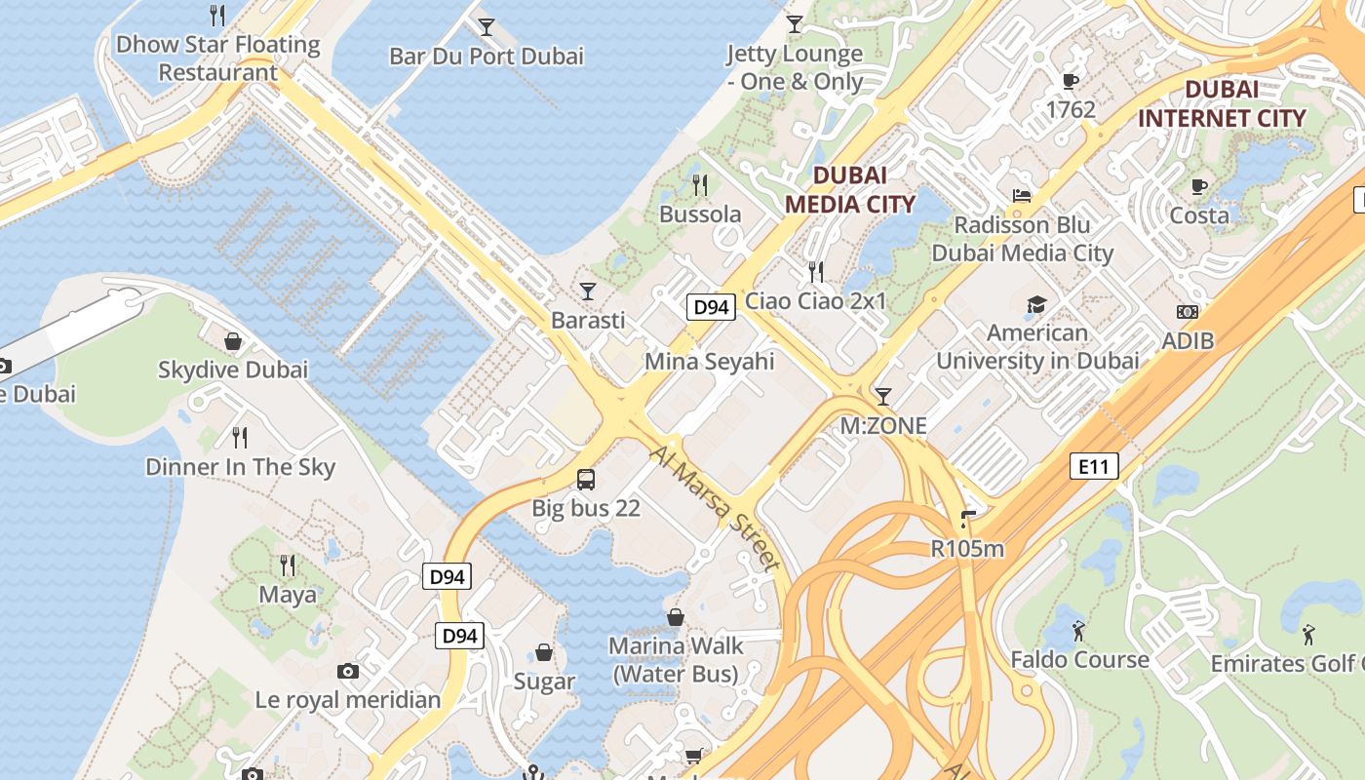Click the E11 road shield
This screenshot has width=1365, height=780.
[x=1093, y=467]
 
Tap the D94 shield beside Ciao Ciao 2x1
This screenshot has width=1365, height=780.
[x=710, y=308]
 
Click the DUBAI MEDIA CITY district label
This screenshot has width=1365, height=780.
[x=850, y=189]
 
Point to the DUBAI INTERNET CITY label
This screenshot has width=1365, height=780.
[x=1222, y=104]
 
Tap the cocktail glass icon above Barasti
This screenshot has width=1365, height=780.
[x=588, y=291]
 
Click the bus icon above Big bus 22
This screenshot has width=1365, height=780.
[x=586, y=479]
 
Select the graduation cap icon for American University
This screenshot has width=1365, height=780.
[x=1036, y=304]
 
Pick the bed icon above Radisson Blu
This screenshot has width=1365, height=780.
[x=1022, y=196]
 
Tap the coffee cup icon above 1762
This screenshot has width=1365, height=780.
[x=1071, y=81]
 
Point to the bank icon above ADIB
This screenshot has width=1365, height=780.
[x=1187, y=312]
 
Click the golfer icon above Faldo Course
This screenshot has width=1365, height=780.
[x=1078, y=631]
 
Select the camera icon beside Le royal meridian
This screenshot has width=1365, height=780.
[x=347, y=671]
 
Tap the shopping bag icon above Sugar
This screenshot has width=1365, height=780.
[x=544, y=652]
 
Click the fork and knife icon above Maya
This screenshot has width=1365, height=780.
[x=288, y=565]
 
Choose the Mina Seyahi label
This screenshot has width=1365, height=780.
[x=709, y=362]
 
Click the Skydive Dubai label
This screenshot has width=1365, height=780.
[x=233, y=370]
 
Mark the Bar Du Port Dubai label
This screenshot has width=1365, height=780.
[x=487, y=56]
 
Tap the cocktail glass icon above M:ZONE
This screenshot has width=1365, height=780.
[x=883, y=396]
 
